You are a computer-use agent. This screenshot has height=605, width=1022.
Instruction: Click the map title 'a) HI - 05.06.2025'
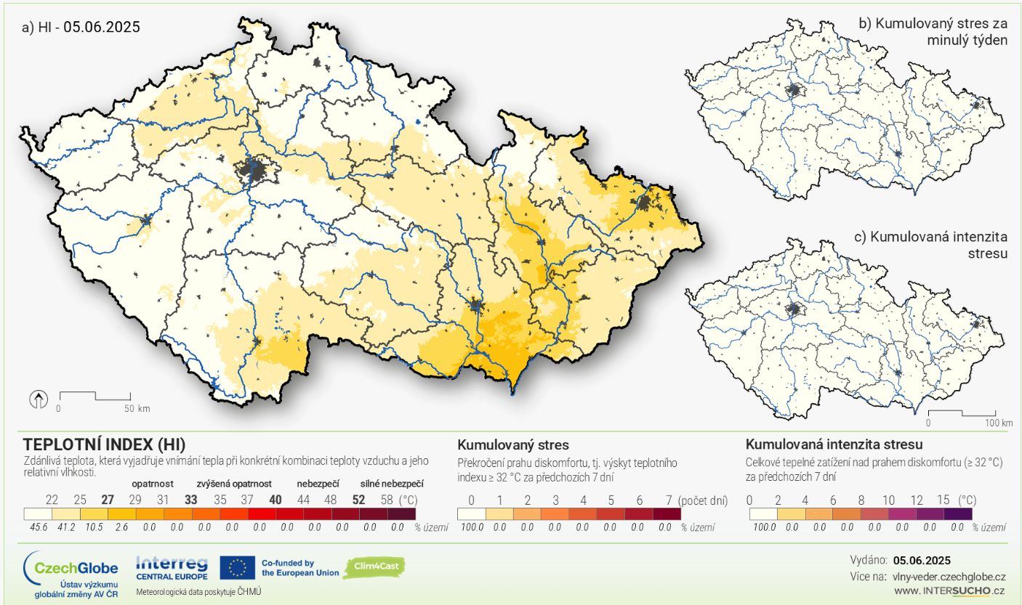pyautogui.click(x=81, y=27)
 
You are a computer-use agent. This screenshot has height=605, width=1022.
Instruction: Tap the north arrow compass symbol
pyautogui.click(x=38, y=399)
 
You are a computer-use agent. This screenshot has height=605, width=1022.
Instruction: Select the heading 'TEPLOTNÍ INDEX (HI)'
pyautogui.click(x=104, y=444)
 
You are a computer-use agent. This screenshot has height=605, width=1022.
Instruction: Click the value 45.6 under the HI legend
pyautogui.click(x=38, y=527)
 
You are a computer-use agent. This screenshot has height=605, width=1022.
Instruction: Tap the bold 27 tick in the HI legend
pyautogui.click(x=108, y=500)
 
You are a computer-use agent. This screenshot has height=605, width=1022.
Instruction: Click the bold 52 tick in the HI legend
pyautogui.click(x=358, y=500)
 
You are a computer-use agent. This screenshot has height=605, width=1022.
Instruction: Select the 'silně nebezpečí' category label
pyautogui.click(x=392, y=483)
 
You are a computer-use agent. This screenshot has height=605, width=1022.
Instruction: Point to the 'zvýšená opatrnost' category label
pyautogui.click(x=233, y=483)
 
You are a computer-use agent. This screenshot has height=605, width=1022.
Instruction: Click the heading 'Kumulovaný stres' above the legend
pyautogui.click(x=512, y=444)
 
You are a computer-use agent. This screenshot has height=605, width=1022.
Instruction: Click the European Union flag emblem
pyautogui.click(x=237, y=567)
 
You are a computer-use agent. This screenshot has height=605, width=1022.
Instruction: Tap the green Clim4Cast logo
pyautogui.click(x=374, y=567)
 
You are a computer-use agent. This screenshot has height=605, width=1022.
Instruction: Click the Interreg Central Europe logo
pyautogui.click(x=172, y=568)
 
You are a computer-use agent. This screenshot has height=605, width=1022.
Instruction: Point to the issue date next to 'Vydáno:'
pyautogui.click(x=922, y=560)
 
